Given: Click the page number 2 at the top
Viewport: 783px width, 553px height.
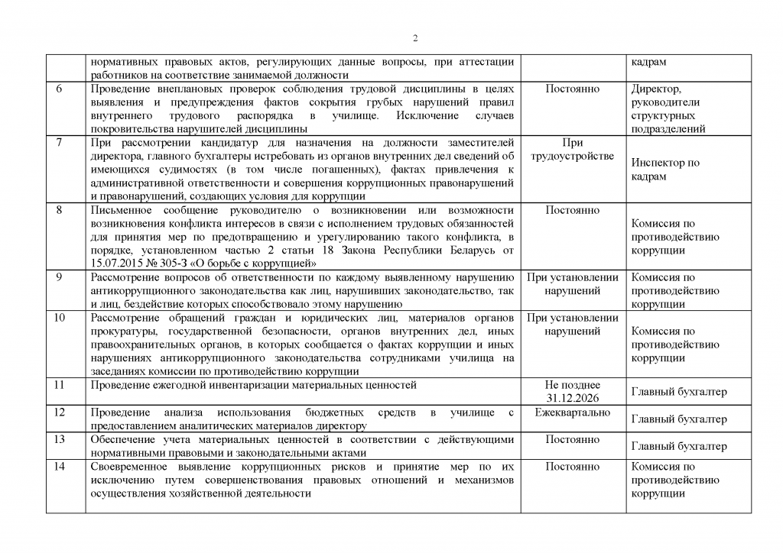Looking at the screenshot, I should [414, 39].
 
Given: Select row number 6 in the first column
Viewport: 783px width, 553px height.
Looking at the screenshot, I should [60, 89].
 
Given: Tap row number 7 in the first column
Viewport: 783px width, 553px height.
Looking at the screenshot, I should [60, 143].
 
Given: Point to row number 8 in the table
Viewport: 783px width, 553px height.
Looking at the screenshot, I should [60, 210].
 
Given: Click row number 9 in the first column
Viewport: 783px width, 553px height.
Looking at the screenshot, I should [60, 277].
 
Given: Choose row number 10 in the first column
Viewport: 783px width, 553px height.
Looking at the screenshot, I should [60, 318].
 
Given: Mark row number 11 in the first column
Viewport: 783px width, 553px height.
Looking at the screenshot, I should [60, 385].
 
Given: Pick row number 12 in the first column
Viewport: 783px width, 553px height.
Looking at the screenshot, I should [60, 412].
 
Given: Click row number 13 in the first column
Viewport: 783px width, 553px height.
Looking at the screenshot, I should [60, 439].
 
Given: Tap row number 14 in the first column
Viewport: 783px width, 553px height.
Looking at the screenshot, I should [60, 467].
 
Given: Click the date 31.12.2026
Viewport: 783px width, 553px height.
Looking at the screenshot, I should [573, 399].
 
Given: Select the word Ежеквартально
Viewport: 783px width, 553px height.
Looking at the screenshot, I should [573, 412].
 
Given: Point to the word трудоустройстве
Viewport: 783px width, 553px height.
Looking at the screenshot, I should [573, 157].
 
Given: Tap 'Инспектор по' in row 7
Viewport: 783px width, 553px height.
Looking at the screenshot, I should [665, 163].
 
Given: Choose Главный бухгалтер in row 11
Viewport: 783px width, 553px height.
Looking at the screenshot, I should [679, 392].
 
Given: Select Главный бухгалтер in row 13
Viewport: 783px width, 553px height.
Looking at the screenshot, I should [679, 446].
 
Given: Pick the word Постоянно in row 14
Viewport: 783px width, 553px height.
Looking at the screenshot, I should [573, 467].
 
